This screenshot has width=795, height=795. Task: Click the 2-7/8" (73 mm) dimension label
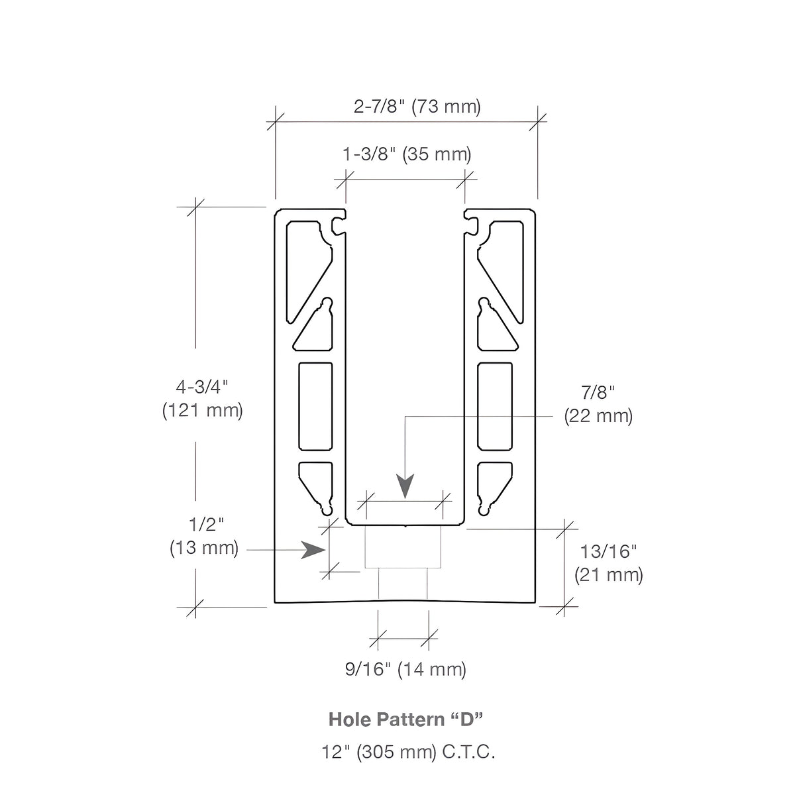click(417, 107)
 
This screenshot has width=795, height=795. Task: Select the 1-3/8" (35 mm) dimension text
click(407, 154)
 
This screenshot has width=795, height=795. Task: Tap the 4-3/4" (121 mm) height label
click(202, 399)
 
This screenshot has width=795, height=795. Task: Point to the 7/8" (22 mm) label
click(598, 404)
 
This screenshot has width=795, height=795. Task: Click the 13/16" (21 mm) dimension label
click(609, 563)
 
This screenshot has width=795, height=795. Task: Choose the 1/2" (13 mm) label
click(204, 537)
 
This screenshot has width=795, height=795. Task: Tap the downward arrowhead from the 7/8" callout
click(405, 486)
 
